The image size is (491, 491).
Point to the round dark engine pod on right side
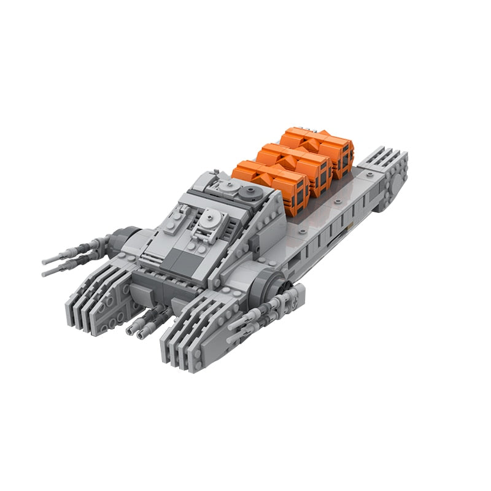coord(276,283)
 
